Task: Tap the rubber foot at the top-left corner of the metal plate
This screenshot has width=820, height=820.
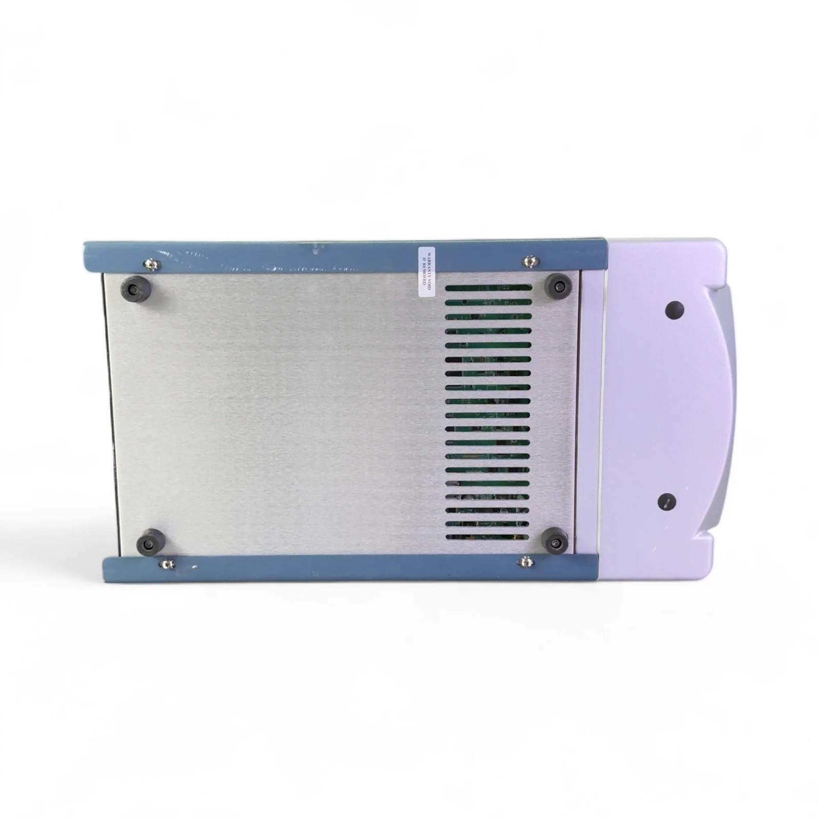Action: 136,289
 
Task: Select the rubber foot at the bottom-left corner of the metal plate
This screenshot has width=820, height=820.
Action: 151,541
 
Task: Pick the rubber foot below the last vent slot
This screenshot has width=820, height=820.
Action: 556,541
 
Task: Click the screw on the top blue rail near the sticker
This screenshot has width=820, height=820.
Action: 530,262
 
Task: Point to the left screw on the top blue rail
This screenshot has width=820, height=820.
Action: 151,264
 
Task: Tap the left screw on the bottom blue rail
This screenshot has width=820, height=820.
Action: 167,564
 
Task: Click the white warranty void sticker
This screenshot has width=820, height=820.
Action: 426,272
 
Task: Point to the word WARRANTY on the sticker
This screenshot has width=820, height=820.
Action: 429,272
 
